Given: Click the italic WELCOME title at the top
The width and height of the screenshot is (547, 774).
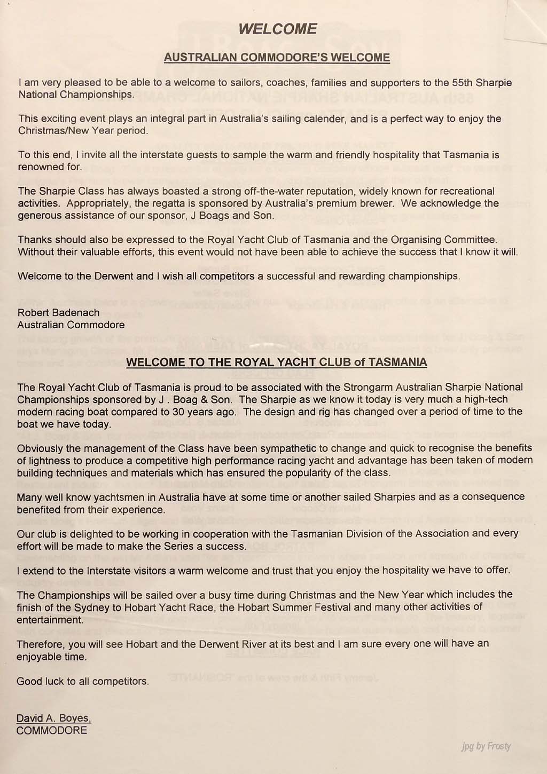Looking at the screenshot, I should [x=277, y=29].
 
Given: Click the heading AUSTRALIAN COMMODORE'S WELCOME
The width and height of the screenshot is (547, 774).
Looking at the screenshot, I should [x=277, y=57].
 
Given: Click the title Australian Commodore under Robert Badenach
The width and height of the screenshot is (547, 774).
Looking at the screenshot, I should [x=71, y=325].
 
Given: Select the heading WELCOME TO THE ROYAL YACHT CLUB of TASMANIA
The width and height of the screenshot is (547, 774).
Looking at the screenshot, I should [x=277, y=362].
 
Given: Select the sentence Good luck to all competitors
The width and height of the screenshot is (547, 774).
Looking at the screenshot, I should [x=83, y=681].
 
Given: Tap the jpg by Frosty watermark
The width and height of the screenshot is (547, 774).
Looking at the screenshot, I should [x=486, y=746].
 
